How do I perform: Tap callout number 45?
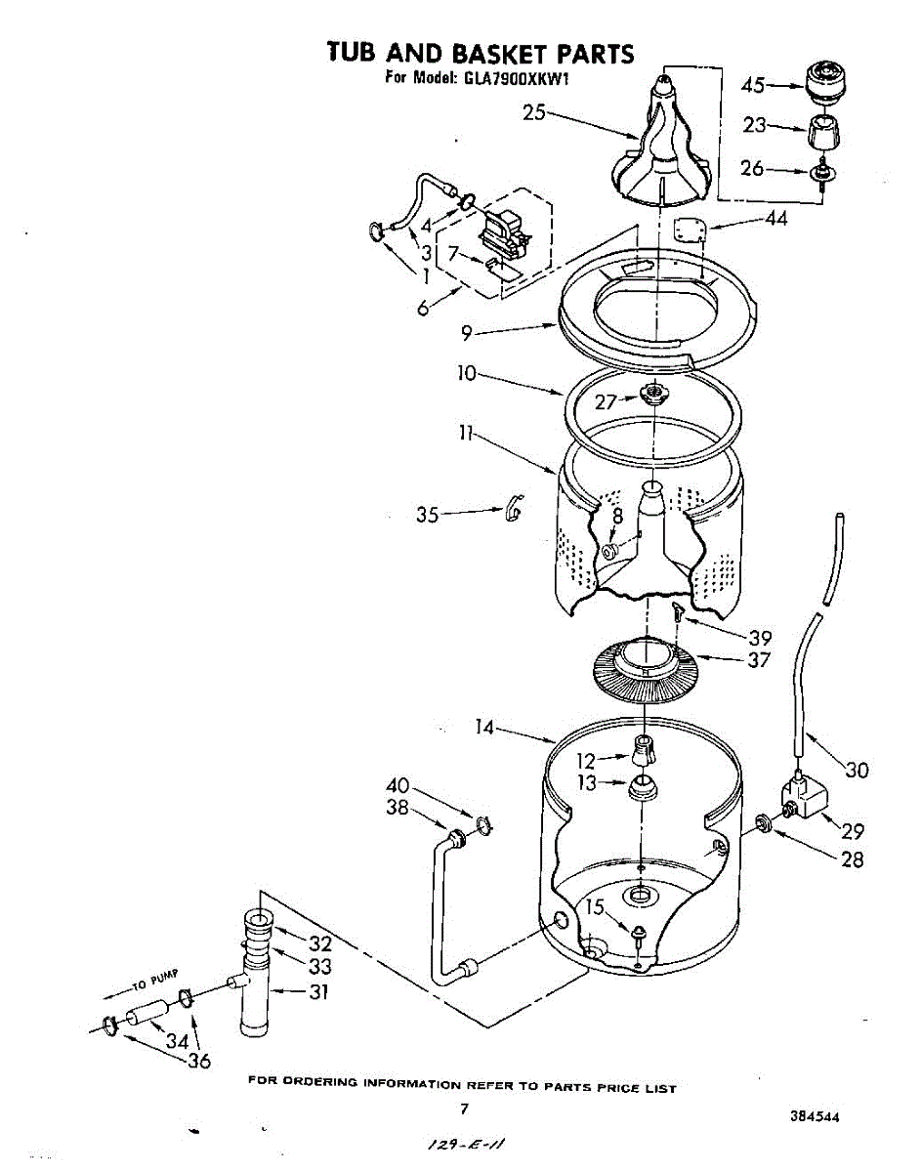(753, 85)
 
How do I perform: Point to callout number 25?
(533, 113)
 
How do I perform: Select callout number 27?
(606, 400)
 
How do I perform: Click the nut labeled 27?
(651, 395)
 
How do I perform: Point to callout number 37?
(759, 660)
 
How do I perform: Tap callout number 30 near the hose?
(857, 771)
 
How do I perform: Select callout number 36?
(198, 1062)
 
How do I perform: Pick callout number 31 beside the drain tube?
(318, 992)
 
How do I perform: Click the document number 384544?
(814, 1117)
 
